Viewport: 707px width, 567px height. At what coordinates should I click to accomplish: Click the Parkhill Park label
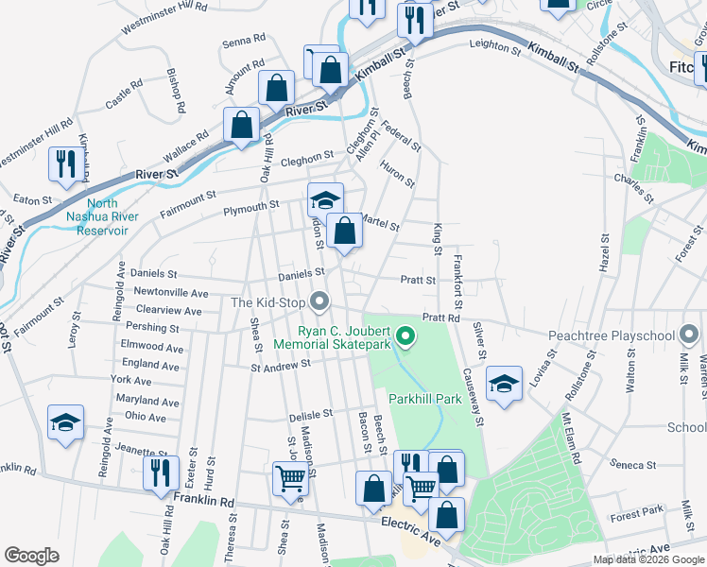point(423,399)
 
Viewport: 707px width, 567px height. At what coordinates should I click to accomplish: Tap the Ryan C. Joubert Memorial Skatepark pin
point(406,335)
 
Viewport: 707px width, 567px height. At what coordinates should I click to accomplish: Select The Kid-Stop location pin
point(320,303)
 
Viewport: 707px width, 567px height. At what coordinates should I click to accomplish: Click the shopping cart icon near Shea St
point(290,476)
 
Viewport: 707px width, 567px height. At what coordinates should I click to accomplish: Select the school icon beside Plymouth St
point(325,199)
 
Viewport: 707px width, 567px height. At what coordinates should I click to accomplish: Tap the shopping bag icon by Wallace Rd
point(242,125)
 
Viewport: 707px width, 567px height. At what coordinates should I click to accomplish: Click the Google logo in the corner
point(31,556)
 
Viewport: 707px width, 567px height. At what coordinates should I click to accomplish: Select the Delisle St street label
point(311,414)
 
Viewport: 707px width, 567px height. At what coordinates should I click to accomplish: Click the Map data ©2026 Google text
point(648,559)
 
